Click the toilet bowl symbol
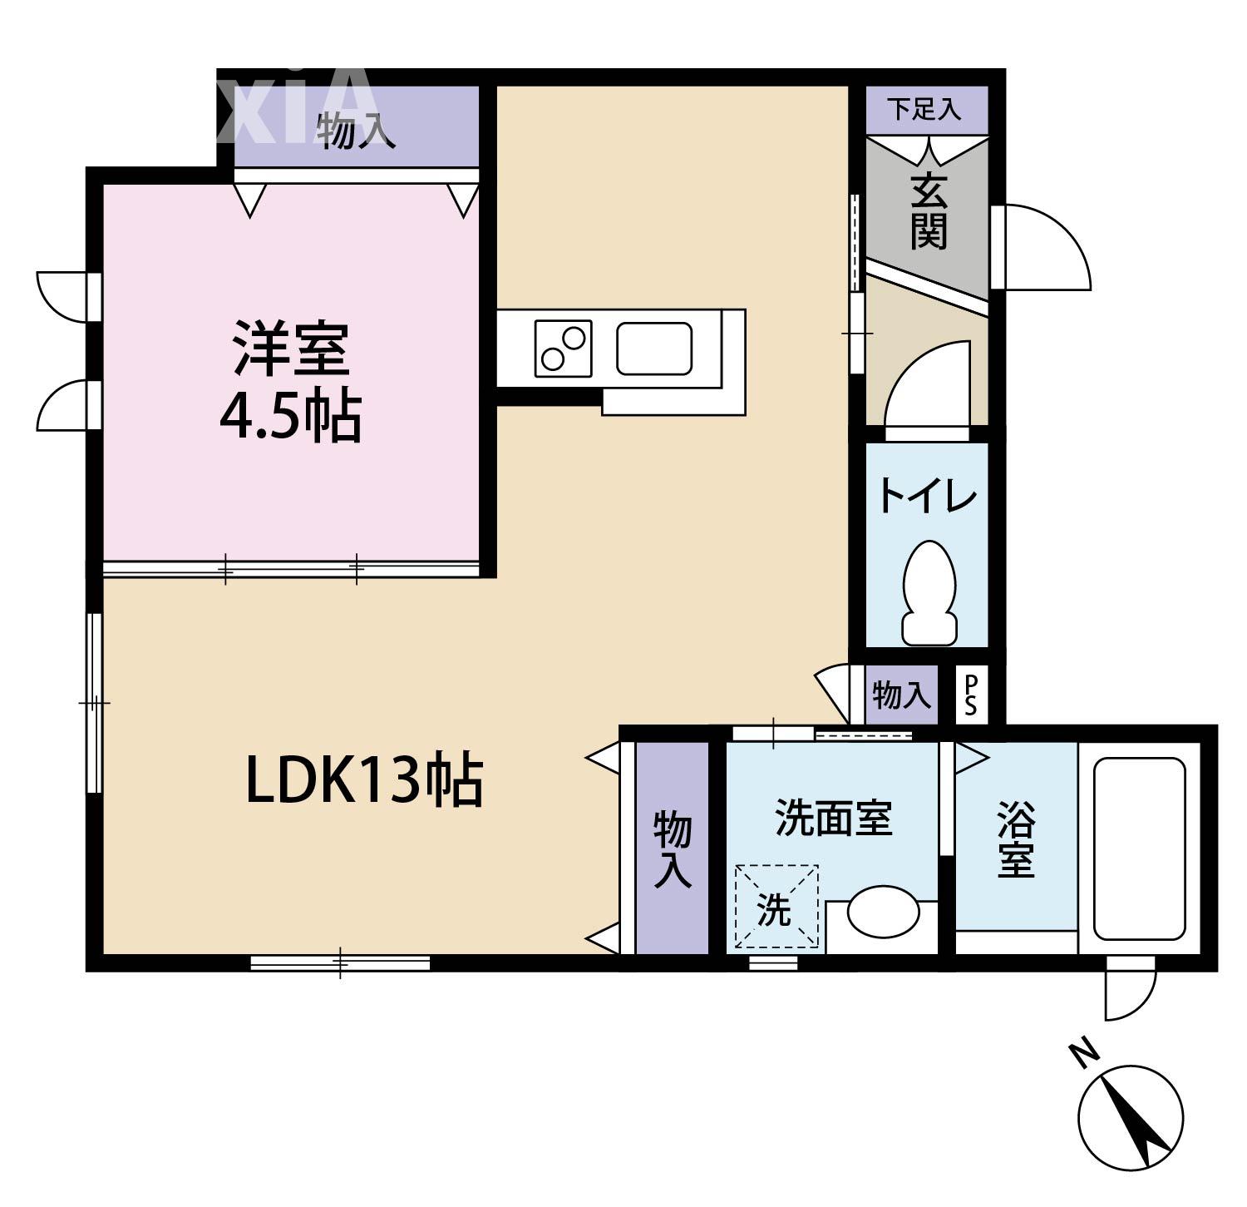pos(929,591)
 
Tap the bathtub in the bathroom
pos(1139,848)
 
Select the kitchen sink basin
pos(654,348)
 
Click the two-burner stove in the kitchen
pos(563,348)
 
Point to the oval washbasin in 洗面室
pos(883,913)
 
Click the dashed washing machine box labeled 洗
pos(776,907)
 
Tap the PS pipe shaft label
pos(970,695)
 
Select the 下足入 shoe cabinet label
pos(924,109)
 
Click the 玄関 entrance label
pos(928,211)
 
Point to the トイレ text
pos(927,497)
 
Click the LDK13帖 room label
pos(364,780)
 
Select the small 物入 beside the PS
pos(901,695)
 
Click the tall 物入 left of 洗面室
pos(672,848)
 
